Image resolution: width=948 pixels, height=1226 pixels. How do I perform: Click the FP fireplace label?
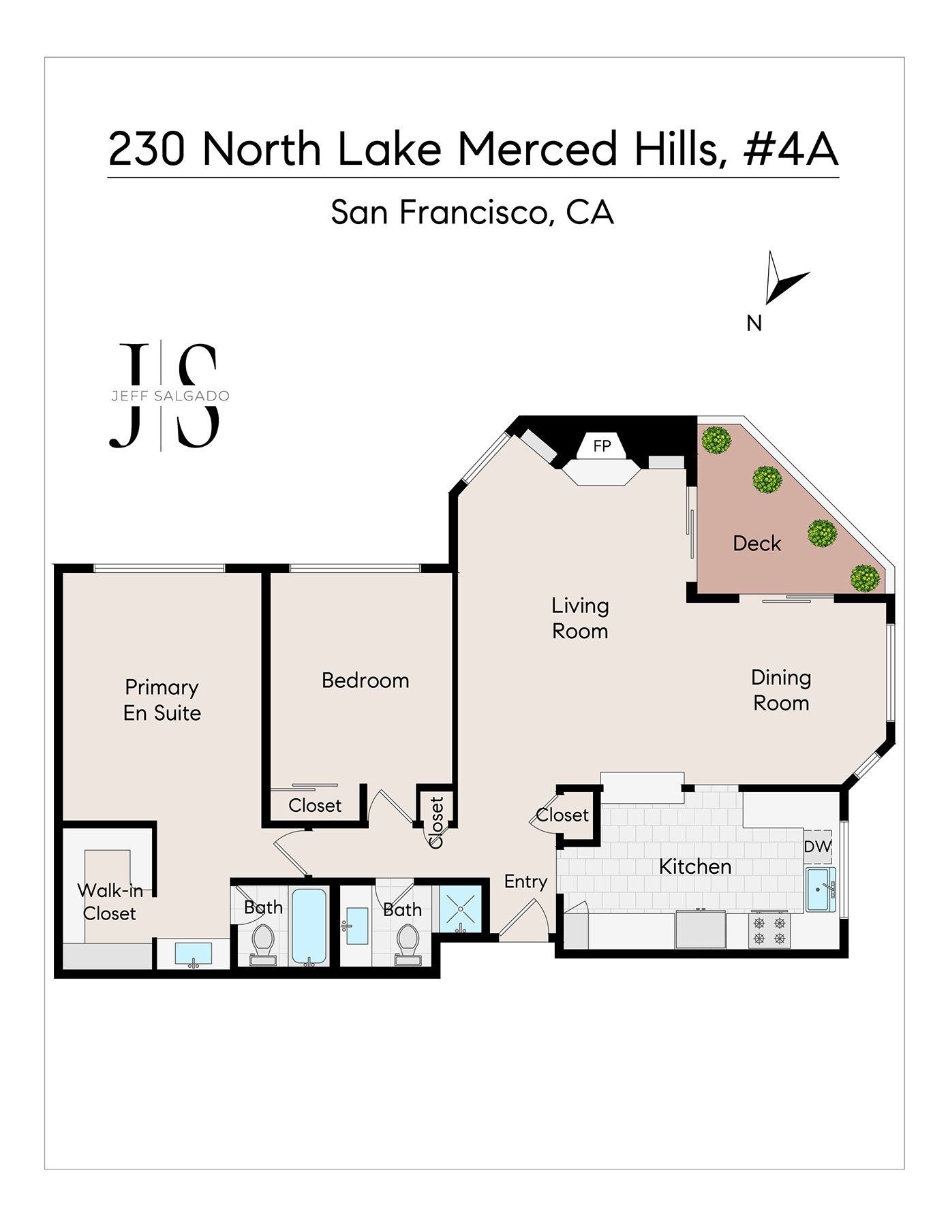pyautogui.click(x=602, y=446)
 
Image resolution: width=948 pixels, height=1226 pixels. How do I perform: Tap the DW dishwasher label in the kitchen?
pyautogui.click(x=818, y=847)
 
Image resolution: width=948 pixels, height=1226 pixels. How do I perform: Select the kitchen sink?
pyautogui.click(x=821, y=889)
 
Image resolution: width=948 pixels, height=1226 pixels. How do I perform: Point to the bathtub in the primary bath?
pyautogui.click(x=309, y=926)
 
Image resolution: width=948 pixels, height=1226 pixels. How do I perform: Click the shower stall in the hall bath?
pyautogui.click(x=461, y=909)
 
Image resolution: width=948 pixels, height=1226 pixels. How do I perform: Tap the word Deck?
pyautogui.click(x=756, y=544)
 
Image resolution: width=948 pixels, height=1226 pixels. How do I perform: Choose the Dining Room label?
pyautogui.click(x=781, y=690)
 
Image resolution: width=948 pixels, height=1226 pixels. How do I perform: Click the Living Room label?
pyautogui.click(x=580, y=618)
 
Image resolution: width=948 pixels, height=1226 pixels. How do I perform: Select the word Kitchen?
pyautogui.click(x=695, y=866)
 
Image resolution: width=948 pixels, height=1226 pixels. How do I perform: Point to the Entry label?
pyautogui.click(x=525, y=882)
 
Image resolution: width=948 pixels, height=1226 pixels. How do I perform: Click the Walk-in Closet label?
pyautogui.click(x=110, y=902)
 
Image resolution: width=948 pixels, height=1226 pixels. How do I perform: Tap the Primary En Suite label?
pyautogui.click(x=162, y=700)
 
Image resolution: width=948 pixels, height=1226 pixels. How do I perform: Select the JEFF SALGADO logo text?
pyautogui.click(x=170, y=396)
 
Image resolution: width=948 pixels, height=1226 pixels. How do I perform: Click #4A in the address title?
pyautogui.click(x=791, y=149)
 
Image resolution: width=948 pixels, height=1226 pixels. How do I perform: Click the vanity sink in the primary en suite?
pyautogui.click(x=194, y=954)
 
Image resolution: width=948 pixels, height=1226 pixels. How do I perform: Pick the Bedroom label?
pyautogui.click(x=365, y=680)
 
